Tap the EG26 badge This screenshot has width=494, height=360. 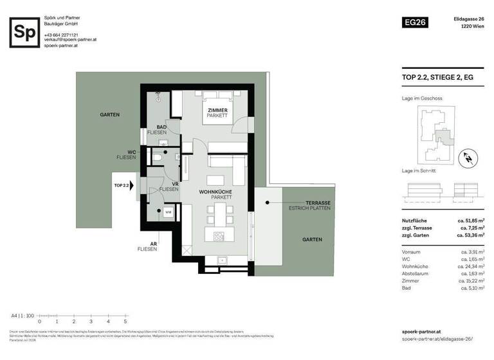[x=414, y=22]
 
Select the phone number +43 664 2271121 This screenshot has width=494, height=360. [x=62, y=35]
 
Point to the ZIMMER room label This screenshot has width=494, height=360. [x=217, y=111]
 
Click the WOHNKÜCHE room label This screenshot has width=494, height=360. [x=215, y=192]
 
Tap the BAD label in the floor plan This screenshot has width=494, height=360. [x=162, y=127]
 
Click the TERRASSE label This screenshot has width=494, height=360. [x=318, y=203]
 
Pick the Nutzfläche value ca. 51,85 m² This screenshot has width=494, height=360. [x=473, y=221]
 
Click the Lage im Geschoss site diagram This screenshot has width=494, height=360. [x=435, y=134]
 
